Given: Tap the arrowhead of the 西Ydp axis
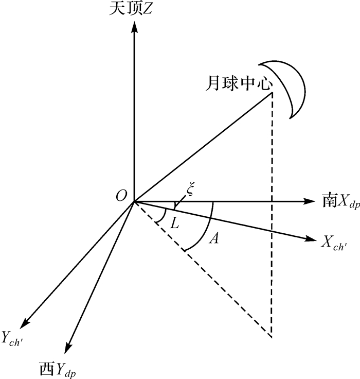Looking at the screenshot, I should [x=69, y=348].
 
